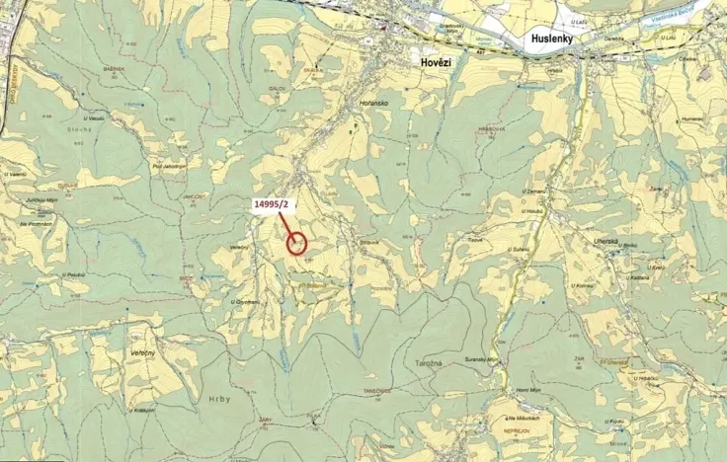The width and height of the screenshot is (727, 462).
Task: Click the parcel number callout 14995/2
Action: [x=272, y=204]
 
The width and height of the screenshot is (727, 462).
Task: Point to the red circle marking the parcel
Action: [x=297, y=243]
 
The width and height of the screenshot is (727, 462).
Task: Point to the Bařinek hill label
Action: [x=114, y=69]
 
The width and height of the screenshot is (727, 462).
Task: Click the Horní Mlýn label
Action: [x=529, y=391]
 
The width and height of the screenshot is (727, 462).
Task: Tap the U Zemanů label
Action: [x=534, y=190]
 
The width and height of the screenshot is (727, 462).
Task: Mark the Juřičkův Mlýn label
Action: [x=42, y=201]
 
